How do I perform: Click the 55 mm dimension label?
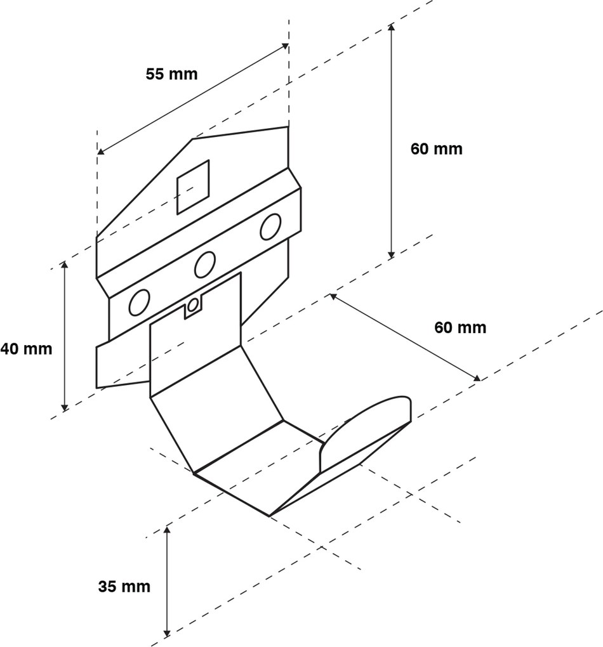click(x=171, y=74)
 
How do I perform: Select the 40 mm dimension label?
click(x=26, y=348)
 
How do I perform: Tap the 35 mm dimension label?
click(x=124, y=586)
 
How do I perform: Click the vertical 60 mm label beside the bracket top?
click(x=436, y=149)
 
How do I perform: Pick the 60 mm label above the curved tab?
click(x=460, y=327)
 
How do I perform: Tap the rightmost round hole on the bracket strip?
click(x=270, y=226)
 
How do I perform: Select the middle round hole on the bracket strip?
click(x=205, y=265)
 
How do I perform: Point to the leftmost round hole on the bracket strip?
click(x=138, y=303)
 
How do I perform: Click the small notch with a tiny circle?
click(x=192, y=307)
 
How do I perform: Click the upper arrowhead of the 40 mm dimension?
click(x=63, y=263)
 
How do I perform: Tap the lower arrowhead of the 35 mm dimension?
click(x=167, y=632)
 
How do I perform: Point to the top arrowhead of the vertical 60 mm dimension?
click(x=392, y=27)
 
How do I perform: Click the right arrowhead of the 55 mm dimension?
click(x=286, y=46)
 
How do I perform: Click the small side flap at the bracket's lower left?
click(x=121, y=364)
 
